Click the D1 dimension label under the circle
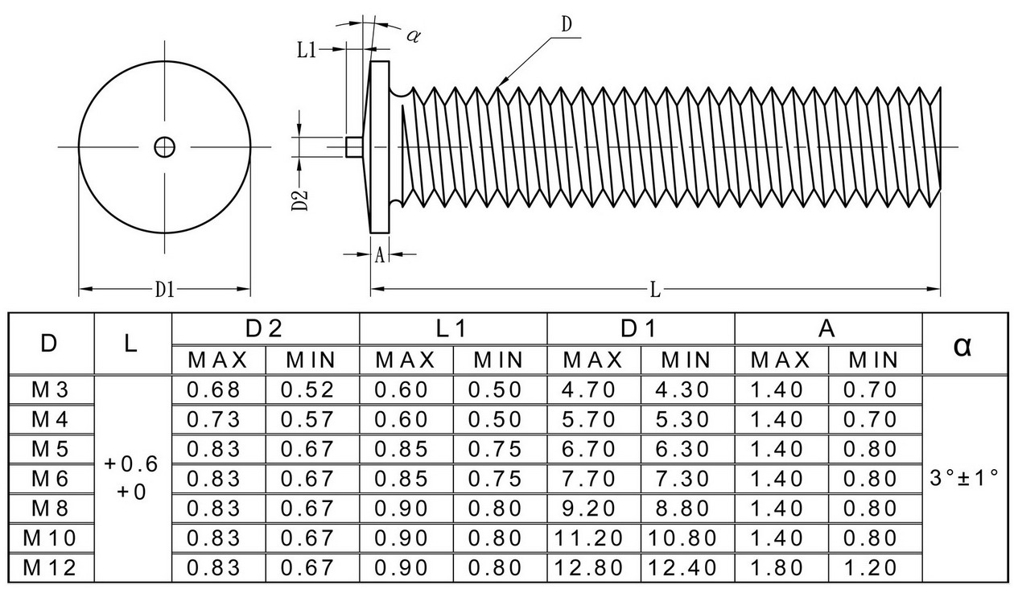pos(165,289)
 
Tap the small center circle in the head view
pos(164,147)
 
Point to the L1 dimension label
pos(307,50)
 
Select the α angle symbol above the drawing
pos(414,35)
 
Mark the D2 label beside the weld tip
pos(299,200)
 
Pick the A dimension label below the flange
pos(380,255)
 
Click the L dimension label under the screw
pos(655,290)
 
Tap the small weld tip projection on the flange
pos(353,147)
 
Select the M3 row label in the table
pos(50,389)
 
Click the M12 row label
pos(50,568)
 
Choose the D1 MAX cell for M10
pos(588,538)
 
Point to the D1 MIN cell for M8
pos(682,509)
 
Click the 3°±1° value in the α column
pos(964,478)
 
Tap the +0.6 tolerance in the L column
pos(131,464)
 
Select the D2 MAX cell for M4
pos(213,420)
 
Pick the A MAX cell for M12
pos(777,568)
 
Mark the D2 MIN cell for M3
pos(307,389)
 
